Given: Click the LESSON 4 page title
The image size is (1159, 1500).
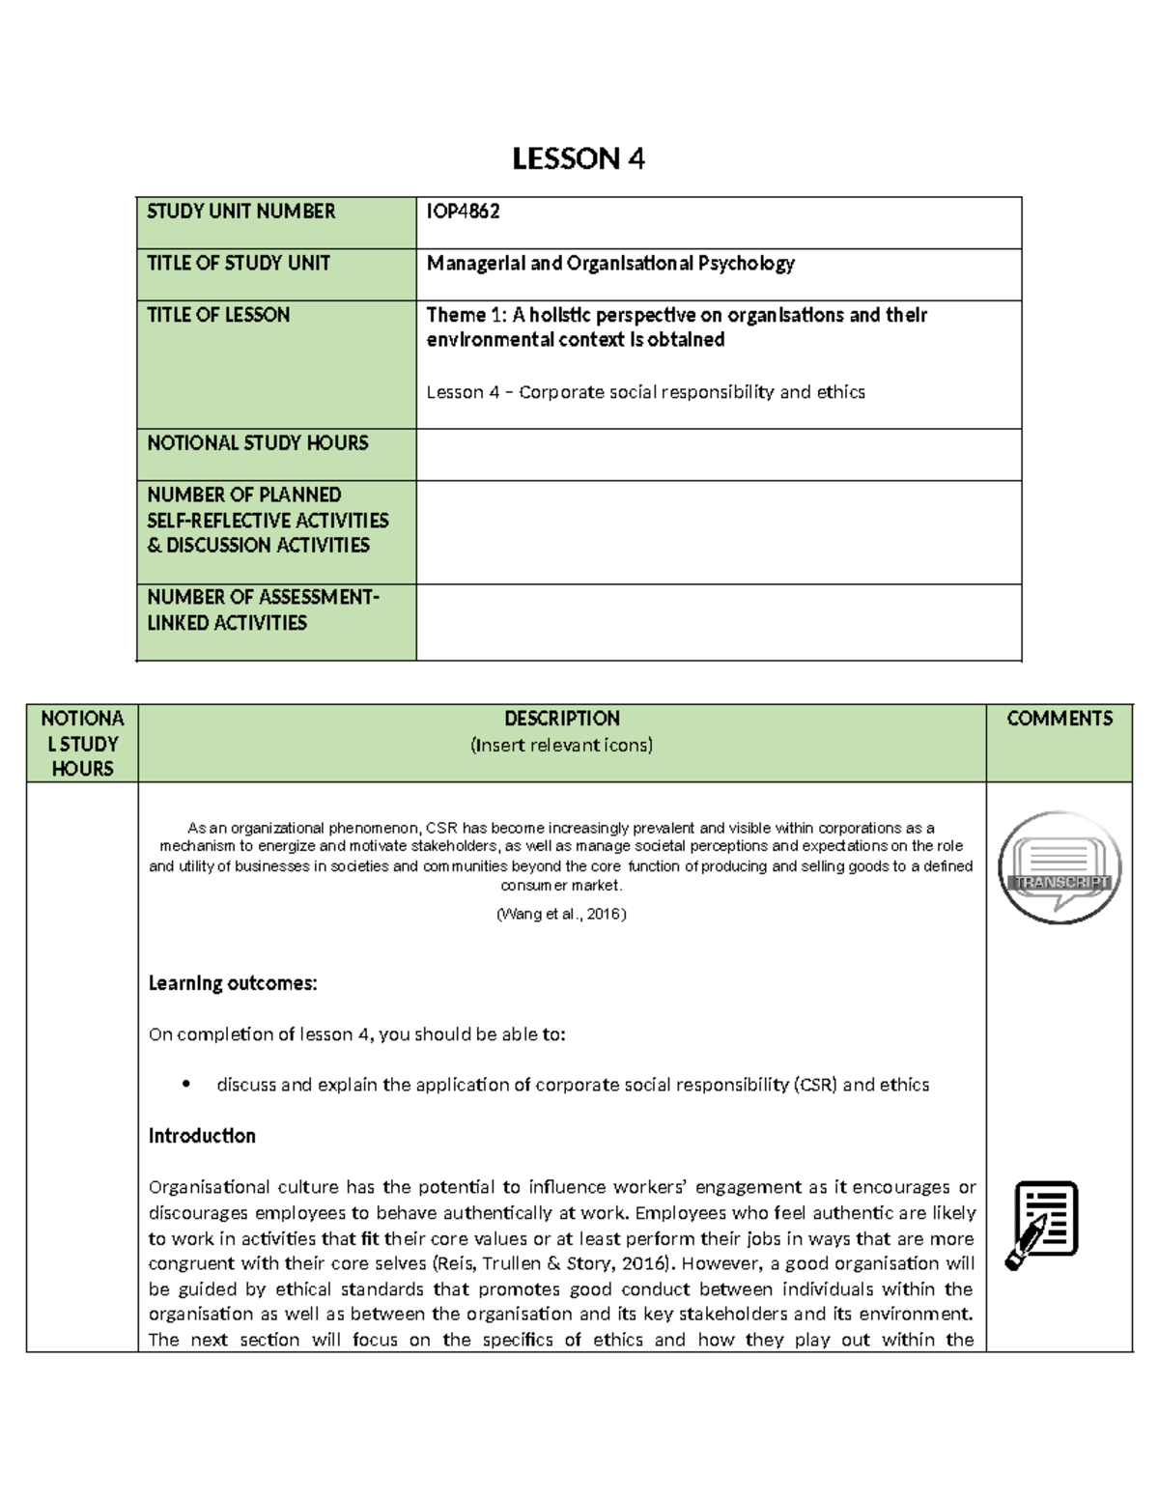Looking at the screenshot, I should pyautogui.click(x=578, y=158).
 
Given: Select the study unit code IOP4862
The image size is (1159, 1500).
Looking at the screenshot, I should pyautogui.click(x=464, y=212).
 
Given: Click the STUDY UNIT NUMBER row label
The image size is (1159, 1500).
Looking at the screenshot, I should pyautogui.click(x=241, y=212).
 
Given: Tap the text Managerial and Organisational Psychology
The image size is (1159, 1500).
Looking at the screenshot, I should pyautogui.click(x=610, y=264).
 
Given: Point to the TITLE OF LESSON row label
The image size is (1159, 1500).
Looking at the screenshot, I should pyautogui.click(x=218, y=315).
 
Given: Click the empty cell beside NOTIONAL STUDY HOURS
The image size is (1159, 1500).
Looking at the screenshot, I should pyautogui.click(x=718, y=454).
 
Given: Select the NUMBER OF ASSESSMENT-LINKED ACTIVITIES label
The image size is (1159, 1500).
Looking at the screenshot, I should pyautogui.click(x=263, y=609).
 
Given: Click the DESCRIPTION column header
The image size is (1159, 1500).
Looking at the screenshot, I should pyautogui.click(x=561, y=719).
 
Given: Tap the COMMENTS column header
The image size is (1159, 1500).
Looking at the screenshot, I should pyautogui.click(x=1059, y=719).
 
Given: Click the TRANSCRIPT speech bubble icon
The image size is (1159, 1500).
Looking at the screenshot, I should pyautogui.click(x=1059, y=867).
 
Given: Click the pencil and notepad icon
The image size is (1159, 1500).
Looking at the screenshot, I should pyautogui.click(x=1042, y=1224).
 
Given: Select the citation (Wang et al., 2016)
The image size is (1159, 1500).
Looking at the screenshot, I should pyautogui.click(x=561, y=914).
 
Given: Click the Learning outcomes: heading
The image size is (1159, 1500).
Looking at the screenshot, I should pyautogui.click(x=233, y=983).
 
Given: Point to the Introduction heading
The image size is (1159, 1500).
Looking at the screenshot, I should pyautogui.click(x=202, y=1136).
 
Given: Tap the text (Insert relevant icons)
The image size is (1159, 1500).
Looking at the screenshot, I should pyautogui.click(x=561, y=745).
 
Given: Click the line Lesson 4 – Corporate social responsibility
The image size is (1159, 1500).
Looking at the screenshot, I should pyautogui.click(x=645, y=392).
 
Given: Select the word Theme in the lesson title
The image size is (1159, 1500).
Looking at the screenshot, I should pyautogui.click(x=456, y=315).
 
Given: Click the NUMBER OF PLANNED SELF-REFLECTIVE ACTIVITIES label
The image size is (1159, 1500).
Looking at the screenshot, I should pyautogui.click(x=268, y=520).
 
